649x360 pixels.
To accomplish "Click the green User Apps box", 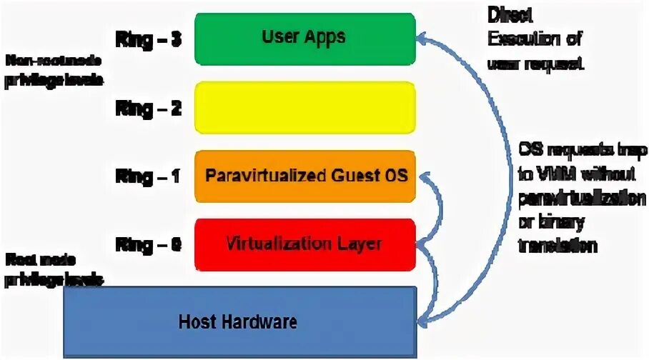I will [304, 39].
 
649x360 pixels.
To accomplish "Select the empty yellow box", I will [304, 107].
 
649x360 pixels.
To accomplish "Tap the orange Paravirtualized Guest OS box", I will [304, 175].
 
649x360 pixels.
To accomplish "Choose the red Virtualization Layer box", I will [304, 244].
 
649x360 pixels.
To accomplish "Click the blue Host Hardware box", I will [239, 321].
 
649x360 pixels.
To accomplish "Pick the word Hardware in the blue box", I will [267, 321].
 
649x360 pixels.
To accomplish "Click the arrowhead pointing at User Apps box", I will [423, 35].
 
